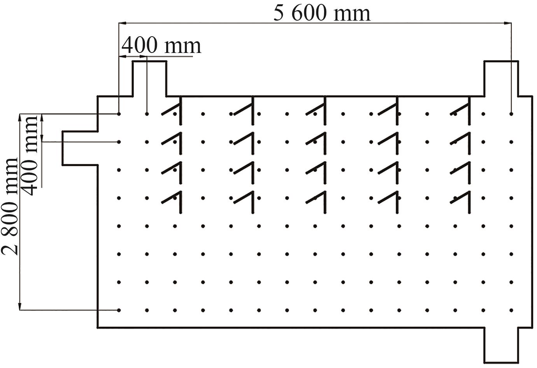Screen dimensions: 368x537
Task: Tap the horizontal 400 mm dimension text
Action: point(161,46)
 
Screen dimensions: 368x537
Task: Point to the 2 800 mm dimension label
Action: point(10,206)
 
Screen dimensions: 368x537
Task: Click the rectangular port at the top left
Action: point(150,78)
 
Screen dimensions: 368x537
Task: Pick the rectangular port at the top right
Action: point(501,78)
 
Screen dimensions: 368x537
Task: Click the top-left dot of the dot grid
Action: point(119,114)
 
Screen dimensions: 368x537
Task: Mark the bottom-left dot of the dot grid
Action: point(119,310)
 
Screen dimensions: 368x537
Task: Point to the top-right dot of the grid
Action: point(511,114)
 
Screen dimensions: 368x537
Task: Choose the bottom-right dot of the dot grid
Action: point(511,310)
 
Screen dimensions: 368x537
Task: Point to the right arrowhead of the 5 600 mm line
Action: point(508,23)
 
